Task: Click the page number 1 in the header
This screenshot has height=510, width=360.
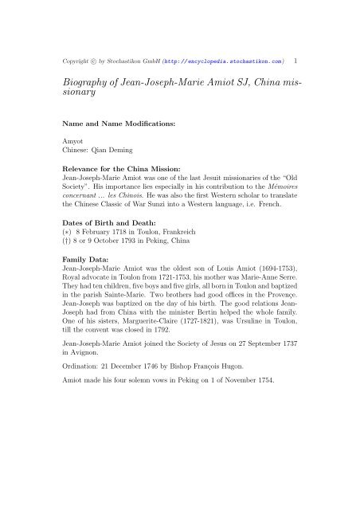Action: (296, 58)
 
